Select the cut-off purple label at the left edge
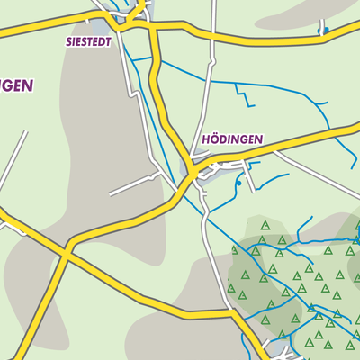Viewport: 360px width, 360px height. (x=16, y=86)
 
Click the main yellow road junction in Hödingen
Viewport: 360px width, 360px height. (x=193, y=170)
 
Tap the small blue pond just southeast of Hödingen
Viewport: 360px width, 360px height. (x=238, y=183)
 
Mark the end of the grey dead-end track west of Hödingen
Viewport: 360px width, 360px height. (x=110, y=193)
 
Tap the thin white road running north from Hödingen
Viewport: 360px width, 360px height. (x=211, y=81)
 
